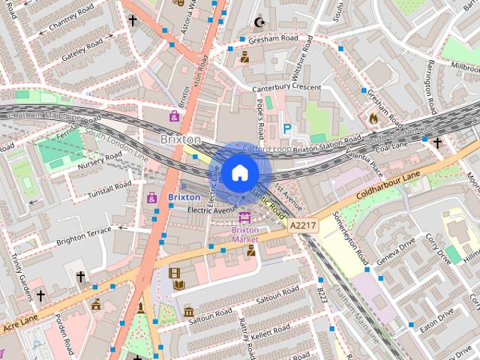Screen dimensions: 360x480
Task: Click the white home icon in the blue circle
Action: (x=239, y=172)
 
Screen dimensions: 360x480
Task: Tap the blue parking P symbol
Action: (x=286, y=129)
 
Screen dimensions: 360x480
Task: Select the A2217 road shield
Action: (x=301, y=224)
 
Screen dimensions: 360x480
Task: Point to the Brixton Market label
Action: (x=244, y=234)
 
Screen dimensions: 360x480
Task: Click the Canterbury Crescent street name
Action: (x=286, y=88)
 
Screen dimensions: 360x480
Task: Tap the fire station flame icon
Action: (x=373, y=118)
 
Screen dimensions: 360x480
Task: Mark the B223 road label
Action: (x=321, y=295)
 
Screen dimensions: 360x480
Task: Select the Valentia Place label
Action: (x=362, y=154)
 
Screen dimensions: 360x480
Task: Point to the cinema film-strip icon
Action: (x=175, y=274)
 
